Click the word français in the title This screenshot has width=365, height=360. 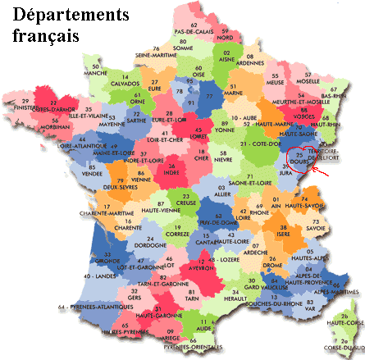coord(47,37)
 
